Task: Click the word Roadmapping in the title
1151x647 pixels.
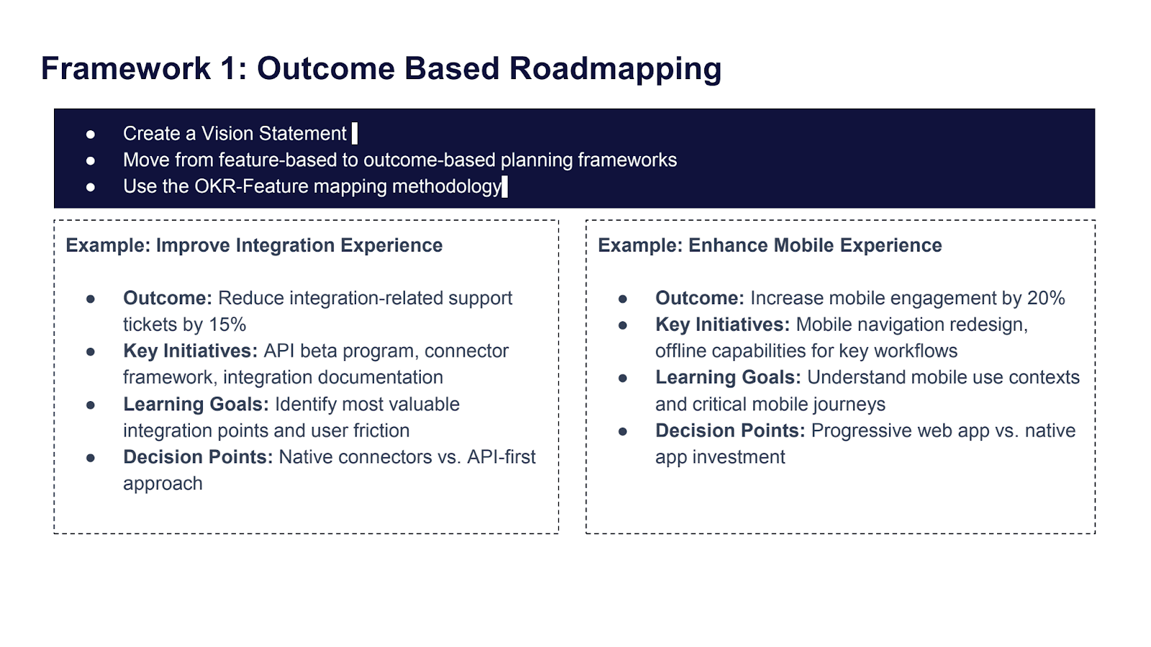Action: pyautogui.click(x=615, y=69)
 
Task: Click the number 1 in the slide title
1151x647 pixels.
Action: pyautogui.click(x=229, y=69)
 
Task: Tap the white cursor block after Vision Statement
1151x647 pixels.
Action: pyautogui.click(x=355, y=134)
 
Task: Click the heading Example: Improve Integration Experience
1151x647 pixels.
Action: pyautogui.click(x=254, y=246)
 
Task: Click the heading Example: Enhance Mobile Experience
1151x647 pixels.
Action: pyautogui.click(x=770, y=246)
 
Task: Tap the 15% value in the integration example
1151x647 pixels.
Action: pyautogui.click(x=227, y=325)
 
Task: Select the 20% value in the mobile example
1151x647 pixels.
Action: pyautogui.click(x=1046, y=298)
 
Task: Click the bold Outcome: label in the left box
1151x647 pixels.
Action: pyautogui.click(x=168, y=298)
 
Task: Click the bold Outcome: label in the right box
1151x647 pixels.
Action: pyautogui.click(x=699, y=298)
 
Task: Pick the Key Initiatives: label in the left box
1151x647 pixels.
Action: pyautogui.click(x=190, y=352)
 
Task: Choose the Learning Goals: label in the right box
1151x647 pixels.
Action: pyautogui.click(x=728, y=378)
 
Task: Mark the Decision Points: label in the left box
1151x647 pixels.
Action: pyautogui.click(x=198, y=457)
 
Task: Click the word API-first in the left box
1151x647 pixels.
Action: pyautogui.click(x=501, y=457)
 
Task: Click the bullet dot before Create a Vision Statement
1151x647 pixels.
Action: pyautogui.click(x=91, y=134)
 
